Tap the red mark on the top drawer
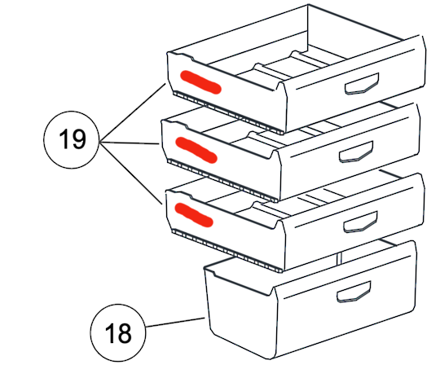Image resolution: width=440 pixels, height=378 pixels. tap(200, 82)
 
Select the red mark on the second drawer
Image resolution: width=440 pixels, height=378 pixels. tap(196, 150)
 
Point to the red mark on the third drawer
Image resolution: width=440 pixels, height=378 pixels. tap(194, 214)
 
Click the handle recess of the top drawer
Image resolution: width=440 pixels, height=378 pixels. tap(362, 83)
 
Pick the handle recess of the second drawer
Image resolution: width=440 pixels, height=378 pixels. tap(356, 152)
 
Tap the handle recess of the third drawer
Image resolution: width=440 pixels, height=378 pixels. tap(361, 222)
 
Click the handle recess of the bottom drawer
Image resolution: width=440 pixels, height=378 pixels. tap(354, 292)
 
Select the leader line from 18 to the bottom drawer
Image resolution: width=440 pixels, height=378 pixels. tap(175, 322)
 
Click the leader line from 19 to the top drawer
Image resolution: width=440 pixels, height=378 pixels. tap(133, 112)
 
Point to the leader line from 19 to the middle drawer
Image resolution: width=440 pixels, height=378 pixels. tap(130, 143)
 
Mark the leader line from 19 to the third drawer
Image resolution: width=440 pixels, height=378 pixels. tap(131, 174)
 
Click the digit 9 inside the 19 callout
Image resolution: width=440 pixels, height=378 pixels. tap(78, 139)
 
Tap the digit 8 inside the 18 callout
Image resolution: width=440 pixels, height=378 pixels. tap(125, 333)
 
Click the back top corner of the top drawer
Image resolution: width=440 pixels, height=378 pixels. tap(308, 5)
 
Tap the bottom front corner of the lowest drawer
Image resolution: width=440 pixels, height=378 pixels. tap(270, 358)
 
